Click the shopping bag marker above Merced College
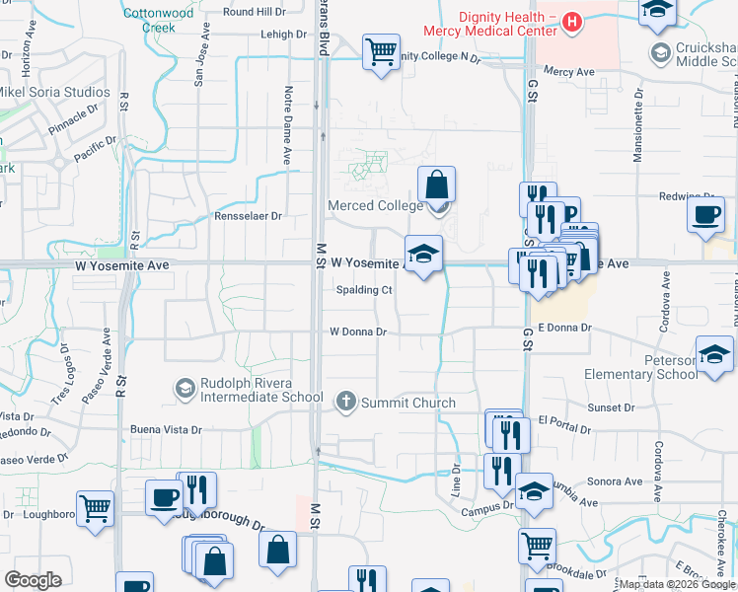point(435,185)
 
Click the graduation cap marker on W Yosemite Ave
point(423,255)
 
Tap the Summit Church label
point(407,403)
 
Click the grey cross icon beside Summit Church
point(345,402)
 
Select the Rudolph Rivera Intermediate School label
point(260,390)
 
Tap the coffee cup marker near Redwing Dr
point(705,215)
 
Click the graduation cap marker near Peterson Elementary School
point(713,354)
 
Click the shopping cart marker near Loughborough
point(96,509)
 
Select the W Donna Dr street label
point(357,332)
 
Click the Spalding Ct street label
point(364,290)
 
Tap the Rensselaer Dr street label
point(249,216)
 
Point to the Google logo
point(33,580)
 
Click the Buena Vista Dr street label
point(166,430)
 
